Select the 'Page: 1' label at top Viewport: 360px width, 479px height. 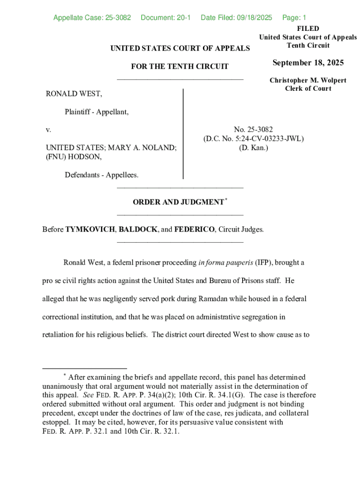294,18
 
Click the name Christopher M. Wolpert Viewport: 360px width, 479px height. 308,80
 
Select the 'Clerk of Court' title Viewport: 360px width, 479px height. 308,88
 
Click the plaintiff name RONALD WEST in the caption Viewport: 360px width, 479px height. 74,94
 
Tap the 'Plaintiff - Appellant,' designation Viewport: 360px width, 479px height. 97,112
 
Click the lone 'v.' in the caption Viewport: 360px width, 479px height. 48,129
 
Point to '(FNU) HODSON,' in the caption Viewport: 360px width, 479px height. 73,157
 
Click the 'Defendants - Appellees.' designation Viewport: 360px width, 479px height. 101,175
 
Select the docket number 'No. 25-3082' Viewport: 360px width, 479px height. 253,130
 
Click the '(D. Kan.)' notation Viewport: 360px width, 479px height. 253,148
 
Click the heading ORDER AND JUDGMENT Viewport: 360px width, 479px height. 178,202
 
